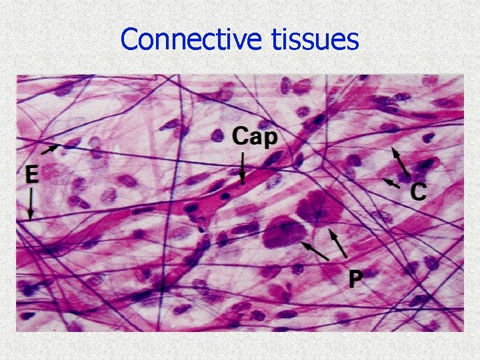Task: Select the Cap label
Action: [256, 138]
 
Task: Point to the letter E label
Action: [31, 175]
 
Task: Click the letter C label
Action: [418, 192]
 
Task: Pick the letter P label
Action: [355, 279]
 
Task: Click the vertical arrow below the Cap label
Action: [243, 167]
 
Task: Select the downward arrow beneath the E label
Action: [31, 203]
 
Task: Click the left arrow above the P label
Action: [315, 251]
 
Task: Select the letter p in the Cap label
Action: [275, 140]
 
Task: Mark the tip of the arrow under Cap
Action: [243, 182]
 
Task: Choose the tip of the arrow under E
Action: [31, 217]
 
